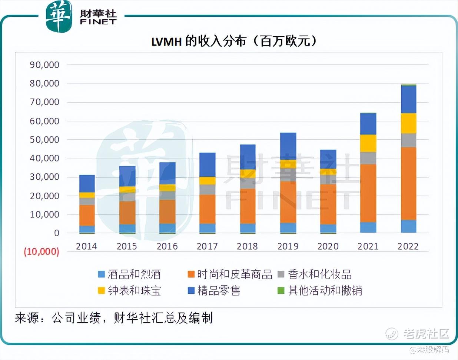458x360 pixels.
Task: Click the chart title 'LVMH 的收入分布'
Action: (x=234, y=41)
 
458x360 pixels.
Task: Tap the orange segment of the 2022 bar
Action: (x=408, y=183)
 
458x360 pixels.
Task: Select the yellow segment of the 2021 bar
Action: (x=368, y=143)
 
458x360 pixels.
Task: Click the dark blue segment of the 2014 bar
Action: (x=87, y=183)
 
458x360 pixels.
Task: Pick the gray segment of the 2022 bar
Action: (x=408, y=140)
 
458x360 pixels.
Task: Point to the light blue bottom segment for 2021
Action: (x=368, y=227)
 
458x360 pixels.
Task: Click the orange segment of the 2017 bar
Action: (x=207, y=209)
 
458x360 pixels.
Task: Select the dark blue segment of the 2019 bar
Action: (x=288, y=146)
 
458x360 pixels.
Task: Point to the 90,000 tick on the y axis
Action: (x=44, y=65)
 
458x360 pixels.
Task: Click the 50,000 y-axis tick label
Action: (x=44, y=140)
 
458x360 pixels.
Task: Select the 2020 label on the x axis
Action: (x=328, y=246)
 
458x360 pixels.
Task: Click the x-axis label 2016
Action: (x=167, y=246)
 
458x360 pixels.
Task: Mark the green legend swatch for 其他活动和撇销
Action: (x=281, y=291)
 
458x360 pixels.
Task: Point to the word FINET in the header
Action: (x=98, y=22)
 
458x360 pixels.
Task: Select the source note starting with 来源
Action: (x=113, y=318)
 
